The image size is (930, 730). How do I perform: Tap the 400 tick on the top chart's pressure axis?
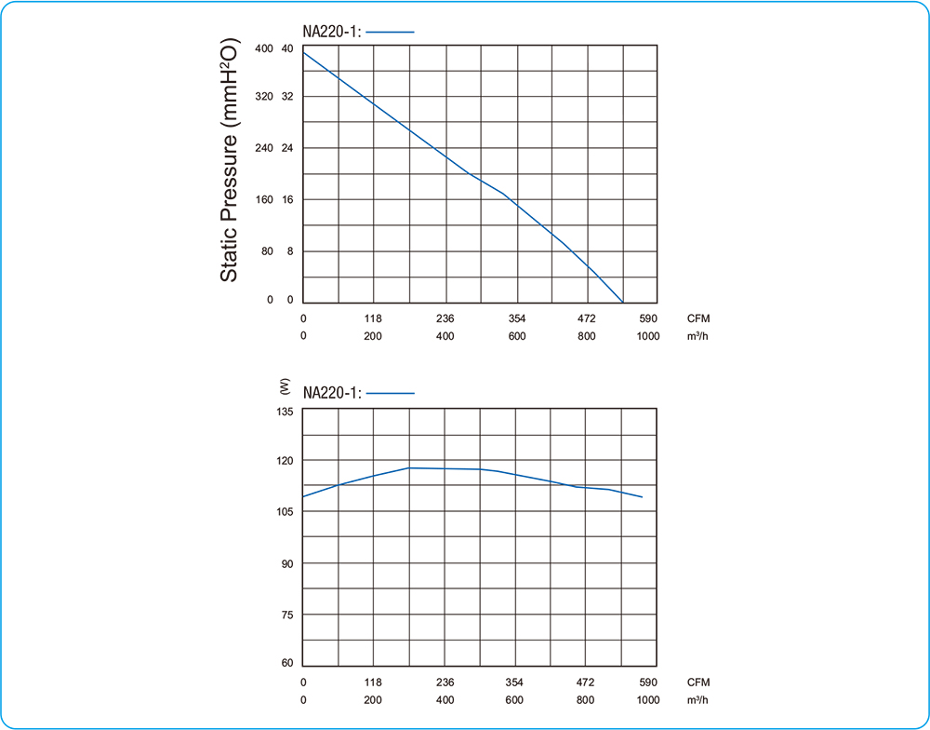(x=264, y=48)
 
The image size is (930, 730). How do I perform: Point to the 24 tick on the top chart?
(x=287, y=149)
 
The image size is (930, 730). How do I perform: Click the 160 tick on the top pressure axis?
(x=264, y=199)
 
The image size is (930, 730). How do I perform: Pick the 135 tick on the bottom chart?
(x=285, y=411)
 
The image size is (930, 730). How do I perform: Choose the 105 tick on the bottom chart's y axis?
(x=285, y=512)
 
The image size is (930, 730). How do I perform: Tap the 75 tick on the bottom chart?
(x=286, y=615)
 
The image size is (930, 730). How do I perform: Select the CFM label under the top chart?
(x=698, y=318)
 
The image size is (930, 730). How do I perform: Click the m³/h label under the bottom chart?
(x=698, y=700)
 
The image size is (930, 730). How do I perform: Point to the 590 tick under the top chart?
(x=648, y=318)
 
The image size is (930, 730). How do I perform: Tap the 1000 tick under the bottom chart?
(x=648, y=700)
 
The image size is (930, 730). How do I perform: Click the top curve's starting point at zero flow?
(x=303, y=51)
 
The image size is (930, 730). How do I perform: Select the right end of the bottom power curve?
(x=642, y=497)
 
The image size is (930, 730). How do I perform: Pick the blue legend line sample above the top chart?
(x=391, y=32)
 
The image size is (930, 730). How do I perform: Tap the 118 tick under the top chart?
(x=373, y=318)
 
